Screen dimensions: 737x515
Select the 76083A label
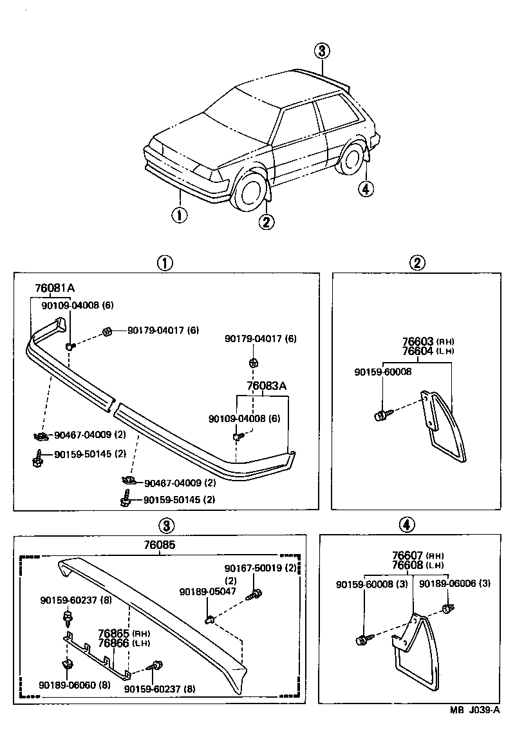[267, 387]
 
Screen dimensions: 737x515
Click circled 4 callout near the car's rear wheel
[365, 189]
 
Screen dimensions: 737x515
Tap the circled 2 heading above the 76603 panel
[417, 262]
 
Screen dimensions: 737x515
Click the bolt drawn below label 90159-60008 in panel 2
[381, 415]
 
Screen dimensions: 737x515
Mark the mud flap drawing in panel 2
[444, 428]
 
